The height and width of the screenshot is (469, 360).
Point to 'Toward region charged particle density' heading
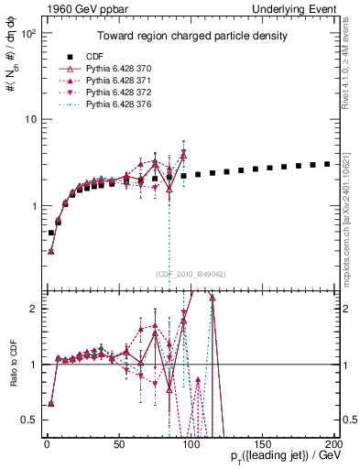188,36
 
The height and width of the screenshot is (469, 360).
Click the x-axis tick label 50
118,443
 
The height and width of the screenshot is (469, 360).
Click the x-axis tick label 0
47,443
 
